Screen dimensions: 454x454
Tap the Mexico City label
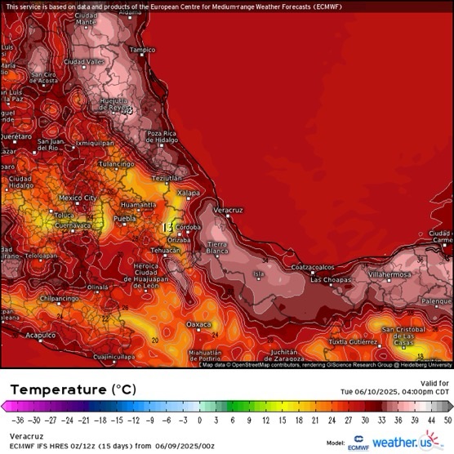78,198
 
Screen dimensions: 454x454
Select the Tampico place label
142,50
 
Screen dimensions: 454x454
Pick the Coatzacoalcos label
313,266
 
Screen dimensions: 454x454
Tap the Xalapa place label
189,193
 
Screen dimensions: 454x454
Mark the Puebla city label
124,219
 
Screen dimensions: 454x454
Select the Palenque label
434,300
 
